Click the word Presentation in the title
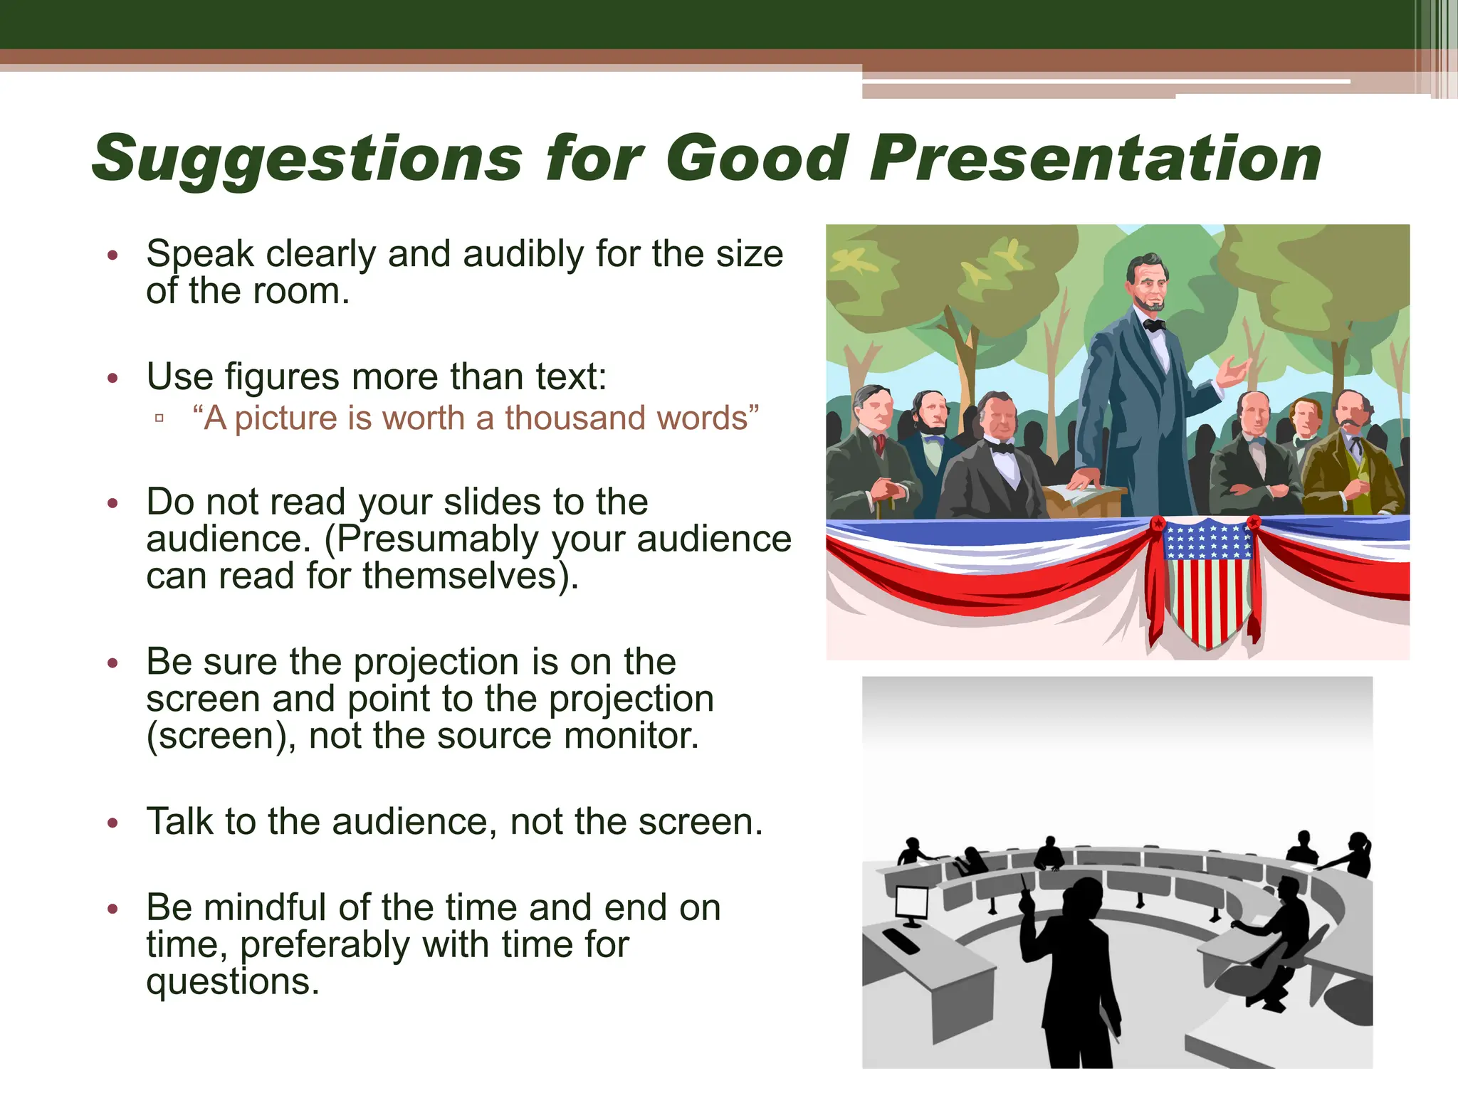1095,158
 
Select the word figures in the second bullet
282,376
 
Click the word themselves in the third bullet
459,576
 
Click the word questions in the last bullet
231,983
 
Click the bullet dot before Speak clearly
112,255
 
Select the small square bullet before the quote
159,418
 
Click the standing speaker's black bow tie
1153,325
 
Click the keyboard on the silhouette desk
901,941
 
